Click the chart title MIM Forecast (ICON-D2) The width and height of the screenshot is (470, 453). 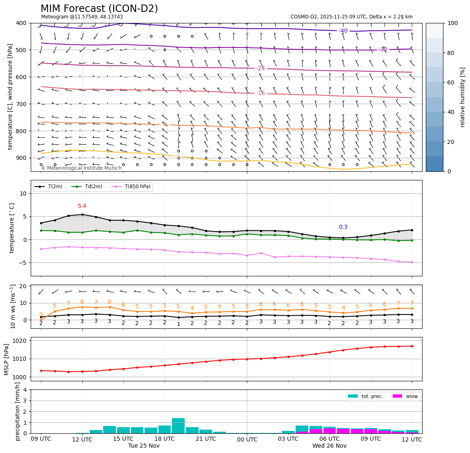99,9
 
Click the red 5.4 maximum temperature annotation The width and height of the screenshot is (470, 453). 82,206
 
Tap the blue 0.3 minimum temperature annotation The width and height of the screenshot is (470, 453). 343,227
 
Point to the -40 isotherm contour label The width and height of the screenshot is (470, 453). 343,31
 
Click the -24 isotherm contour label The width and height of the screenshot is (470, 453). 260,68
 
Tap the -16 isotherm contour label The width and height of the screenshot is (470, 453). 260,93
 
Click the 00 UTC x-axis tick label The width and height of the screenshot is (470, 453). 247,439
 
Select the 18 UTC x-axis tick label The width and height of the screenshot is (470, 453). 165,439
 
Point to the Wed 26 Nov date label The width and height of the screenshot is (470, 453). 329,446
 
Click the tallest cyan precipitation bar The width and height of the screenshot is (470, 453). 178,426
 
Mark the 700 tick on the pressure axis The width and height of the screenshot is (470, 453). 21,104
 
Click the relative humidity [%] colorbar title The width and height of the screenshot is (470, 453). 463,97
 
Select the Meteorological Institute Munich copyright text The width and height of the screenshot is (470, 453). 81,168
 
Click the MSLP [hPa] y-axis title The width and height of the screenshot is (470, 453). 7,359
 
